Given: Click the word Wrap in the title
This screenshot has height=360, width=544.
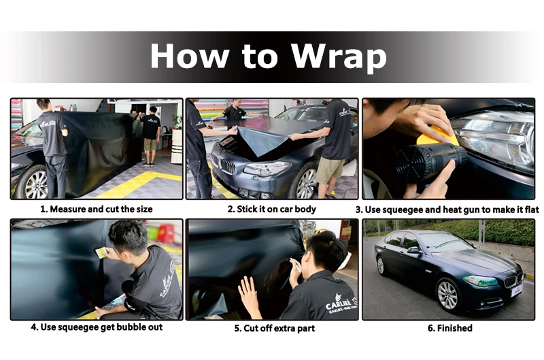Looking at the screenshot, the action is tap(338, 56).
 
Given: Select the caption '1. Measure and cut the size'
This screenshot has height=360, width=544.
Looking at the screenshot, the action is tap(97, 209).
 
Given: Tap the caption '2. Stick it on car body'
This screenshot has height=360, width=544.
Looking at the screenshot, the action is tap(271, 209).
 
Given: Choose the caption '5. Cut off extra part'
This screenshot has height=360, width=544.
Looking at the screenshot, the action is tap(274, 328).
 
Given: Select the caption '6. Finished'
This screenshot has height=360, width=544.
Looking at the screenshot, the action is tap(449, 328).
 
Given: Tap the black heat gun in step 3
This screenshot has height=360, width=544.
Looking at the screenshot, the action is tap(431, 161).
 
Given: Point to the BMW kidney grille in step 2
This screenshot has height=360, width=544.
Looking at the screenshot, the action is tap(228, 167).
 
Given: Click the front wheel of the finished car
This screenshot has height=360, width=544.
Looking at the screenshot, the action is tap(447, 295).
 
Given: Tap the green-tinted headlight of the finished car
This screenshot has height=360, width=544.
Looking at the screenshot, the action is tap(480, 280).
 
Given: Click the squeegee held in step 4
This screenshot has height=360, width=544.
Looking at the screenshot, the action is tap(101, 252).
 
